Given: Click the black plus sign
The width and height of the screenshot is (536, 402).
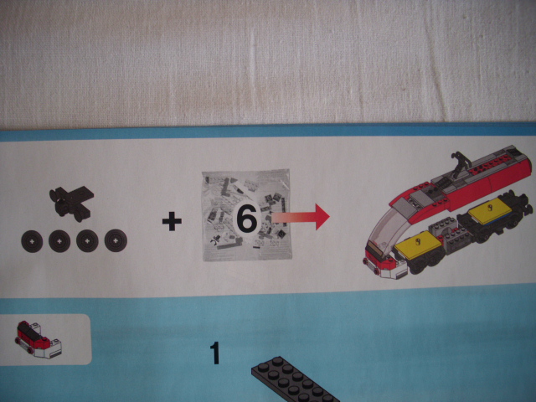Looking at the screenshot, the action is (172, 221).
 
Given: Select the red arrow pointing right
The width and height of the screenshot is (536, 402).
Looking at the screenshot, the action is (300, 216).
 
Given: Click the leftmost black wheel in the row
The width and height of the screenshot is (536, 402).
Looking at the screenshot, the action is (32, 241).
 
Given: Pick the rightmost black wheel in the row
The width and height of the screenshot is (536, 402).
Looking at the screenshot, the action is (116, 240).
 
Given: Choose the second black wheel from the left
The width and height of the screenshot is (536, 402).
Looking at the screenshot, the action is (59, 241).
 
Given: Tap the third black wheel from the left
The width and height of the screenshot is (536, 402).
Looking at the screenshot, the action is (87, 240).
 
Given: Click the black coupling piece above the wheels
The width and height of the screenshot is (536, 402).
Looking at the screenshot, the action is (72, 204).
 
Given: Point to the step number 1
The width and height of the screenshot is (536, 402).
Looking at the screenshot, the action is (215, 353).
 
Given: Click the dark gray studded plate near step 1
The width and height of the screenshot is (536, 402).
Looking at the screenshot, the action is (294, 380).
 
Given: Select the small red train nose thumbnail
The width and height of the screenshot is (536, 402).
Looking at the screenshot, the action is (39, 339).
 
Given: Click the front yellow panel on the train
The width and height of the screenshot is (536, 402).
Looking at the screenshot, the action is (419, 245).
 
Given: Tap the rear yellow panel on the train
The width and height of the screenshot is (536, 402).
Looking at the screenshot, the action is (490, 209).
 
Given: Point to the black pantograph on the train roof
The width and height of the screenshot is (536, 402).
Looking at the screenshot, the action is (459, 165).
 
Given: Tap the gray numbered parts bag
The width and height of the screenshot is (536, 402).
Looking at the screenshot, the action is (247, 214).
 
